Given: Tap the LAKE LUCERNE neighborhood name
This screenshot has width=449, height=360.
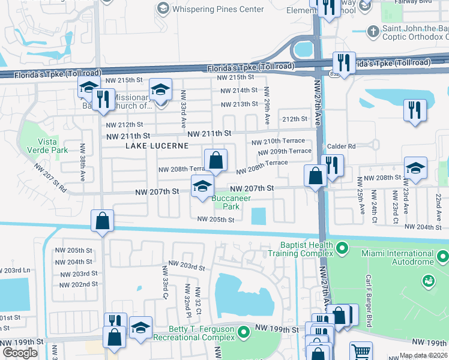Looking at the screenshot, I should (x=157, y=146).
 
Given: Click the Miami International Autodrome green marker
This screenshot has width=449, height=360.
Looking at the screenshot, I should (x=443, y=258).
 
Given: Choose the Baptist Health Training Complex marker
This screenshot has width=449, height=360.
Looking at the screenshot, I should (x=342, y=247).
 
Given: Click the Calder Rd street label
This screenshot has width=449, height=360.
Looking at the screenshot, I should (x=342, y=146).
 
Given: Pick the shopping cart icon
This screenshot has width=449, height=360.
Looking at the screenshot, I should (x=360, y=352).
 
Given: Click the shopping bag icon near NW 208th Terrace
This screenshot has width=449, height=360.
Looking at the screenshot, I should (x=215, y=161).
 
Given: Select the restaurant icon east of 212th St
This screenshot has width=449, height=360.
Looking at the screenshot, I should (x=415, y=110).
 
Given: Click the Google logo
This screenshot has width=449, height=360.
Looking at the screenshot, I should (x=20, y=353).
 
